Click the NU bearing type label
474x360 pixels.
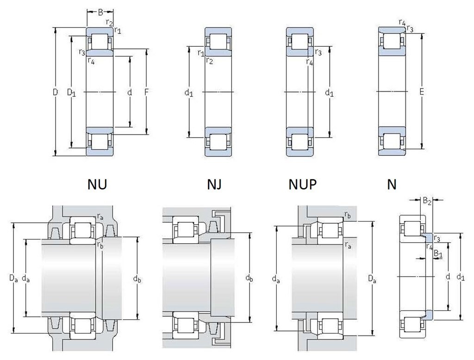(x=97, y=185)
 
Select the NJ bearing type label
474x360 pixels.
(x=214, y=185)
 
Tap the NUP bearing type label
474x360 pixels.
(x=303, y=185)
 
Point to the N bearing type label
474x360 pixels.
(x=392, y=185)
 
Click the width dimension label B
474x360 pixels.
(x=100, y=13)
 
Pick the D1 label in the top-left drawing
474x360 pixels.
(x=71, y=93)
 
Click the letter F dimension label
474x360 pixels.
(x=146, y=93)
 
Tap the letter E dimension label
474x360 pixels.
(x=422, y=93)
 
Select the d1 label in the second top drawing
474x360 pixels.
(x=188, y=93)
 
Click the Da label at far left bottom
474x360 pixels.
(x=13, y=278)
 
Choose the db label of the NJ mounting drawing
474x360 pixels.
(x=249, y=278)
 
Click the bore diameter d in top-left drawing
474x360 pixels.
(x=130, y=93)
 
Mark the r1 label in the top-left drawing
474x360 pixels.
(x=118, y=31)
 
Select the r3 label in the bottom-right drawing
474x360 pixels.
(x=437, y=238)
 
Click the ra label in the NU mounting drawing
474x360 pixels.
(x=100, y=216)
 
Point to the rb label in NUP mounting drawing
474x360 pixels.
(x=347, y=215)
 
